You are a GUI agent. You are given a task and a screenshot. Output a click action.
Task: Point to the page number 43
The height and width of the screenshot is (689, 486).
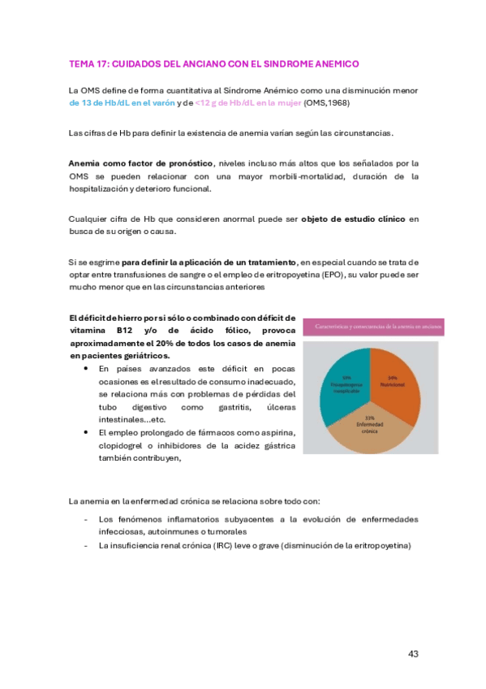[x=412, y=654]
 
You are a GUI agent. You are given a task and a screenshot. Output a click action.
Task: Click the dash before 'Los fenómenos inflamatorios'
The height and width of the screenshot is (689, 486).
[x=87, y=518]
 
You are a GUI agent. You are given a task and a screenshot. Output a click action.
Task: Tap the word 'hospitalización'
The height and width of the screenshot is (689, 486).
[x=97, y=188]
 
